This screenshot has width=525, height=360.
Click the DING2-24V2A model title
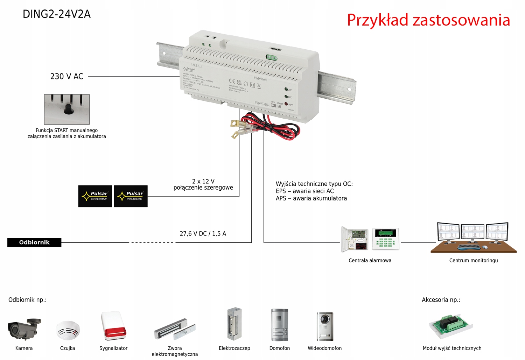(57, 14)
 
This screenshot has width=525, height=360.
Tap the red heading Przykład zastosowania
(428, 20)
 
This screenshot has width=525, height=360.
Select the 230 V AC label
(67, 76)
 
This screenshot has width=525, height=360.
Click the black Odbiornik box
(34, 242)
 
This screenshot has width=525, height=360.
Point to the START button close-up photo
(67, 109)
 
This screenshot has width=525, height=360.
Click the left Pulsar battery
(95, 196)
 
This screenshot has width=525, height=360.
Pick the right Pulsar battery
(131, 196)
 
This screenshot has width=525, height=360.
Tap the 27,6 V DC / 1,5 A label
(203, 233)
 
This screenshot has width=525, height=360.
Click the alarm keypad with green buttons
(385, 239)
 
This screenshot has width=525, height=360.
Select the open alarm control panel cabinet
(355, 240)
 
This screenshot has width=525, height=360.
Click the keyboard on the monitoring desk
(469, 247)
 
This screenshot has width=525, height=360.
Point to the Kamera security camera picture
(24, 329)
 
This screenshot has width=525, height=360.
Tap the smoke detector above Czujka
(68, 330)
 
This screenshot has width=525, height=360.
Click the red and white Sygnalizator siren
(113, 326)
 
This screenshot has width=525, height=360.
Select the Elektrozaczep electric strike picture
(234, 324)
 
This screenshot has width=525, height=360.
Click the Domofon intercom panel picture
(279, 325)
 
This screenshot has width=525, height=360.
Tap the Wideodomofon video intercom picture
(325, 326)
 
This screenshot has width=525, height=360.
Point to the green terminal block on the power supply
(272, 57)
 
